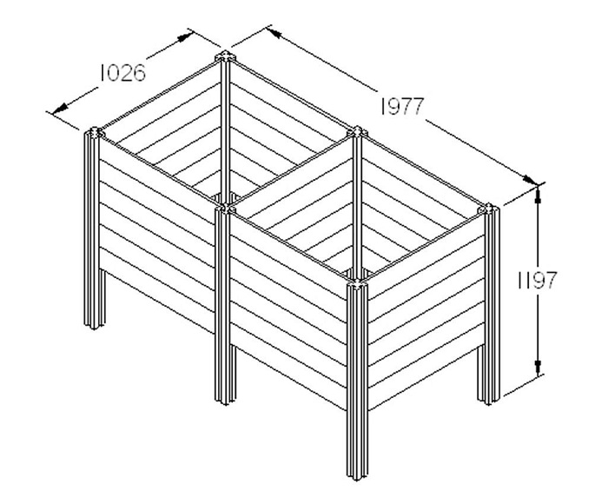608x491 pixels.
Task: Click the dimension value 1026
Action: [x=123, y=73]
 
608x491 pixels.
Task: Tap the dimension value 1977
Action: [x=402, y=106]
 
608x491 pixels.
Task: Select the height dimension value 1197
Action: [x=538, y=281]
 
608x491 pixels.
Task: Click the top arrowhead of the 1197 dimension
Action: [x=538, y=195]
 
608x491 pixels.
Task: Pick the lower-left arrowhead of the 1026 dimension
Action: [x=59, y=109]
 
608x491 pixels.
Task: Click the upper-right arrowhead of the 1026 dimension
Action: [x=185, y=37]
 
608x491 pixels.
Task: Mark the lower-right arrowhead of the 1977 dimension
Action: [x=529, y=179]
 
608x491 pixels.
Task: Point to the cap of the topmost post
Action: [x=225, y=57]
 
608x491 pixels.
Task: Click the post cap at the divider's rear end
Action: [x=357, y=132]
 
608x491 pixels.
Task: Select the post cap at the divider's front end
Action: [x=225, y=209]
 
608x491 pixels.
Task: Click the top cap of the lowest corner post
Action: [x=357, y=284]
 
